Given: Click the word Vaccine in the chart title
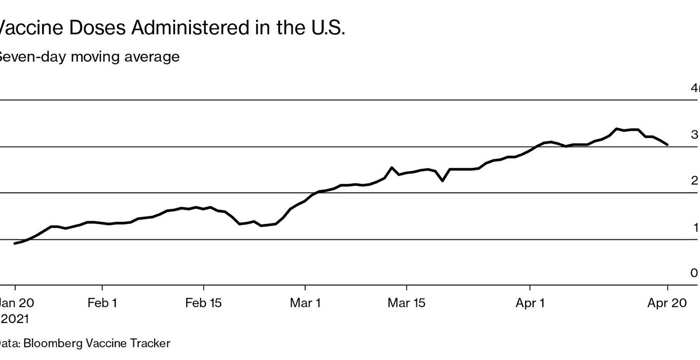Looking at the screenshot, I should tap(30, 28).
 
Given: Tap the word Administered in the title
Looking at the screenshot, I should tap(191, 28).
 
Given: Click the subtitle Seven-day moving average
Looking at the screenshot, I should tap(88, 56).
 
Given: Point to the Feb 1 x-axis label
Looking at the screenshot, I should tap(102, 303).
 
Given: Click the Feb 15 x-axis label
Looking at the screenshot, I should tap(203, 303).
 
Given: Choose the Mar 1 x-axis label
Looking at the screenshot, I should tap(305, 303).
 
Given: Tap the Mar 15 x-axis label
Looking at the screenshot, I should tap(406, 303).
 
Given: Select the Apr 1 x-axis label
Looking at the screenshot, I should tap(530, 303).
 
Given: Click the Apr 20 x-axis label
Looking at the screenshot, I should tap(667, 303).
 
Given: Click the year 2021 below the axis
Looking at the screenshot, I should tap(15, 319).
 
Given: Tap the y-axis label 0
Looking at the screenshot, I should tap(694, 273).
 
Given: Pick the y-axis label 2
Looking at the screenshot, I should tap(694, 181).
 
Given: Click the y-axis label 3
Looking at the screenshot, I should tap(694, 134).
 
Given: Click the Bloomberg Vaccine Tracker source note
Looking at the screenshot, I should tap(85, 343).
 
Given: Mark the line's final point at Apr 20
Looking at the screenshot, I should tap(667, 145).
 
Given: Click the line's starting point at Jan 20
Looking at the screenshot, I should tap(15, 243).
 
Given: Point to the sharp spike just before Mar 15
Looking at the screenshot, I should tap(392, 167).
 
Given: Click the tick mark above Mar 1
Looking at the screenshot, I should tap(305, 288).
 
